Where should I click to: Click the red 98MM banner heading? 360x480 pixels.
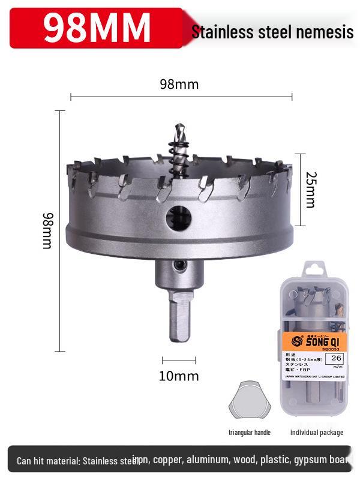[97, 27]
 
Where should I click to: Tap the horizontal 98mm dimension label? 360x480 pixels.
[179, 84]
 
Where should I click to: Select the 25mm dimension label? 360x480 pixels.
[309, 190]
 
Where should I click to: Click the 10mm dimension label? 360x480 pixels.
[179, 376]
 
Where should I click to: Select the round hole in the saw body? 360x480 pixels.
[179, 218]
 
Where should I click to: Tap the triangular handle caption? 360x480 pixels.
[249, 432]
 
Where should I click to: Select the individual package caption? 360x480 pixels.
[317, 432]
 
